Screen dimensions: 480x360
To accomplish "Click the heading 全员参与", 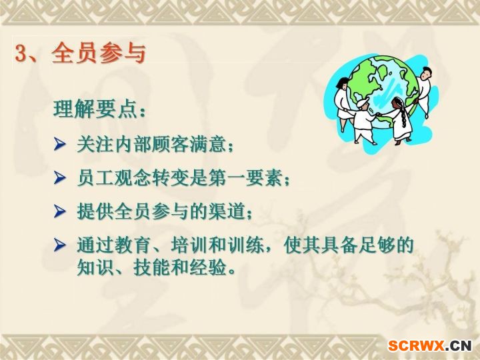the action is coord(99,53).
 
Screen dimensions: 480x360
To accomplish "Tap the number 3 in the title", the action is coord(21,53).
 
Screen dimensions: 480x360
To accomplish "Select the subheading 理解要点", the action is coord(99,109).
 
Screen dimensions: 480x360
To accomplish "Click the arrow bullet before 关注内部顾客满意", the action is coord(60,144).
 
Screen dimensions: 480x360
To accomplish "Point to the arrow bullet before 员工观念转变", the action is coord(60,177).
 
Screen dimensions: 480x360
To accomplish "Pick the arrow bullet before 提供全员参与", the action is coord(60,211).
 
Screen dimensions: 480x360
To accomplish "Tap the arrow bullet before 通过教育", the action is coord(60,245).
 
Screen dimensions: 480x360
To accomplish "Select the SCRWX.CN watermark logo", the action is coord(430,346).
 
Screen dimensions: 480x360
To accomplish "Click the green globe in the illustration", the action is coord(383,89).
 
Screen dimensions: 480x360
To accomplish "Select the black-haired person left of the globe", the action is coord(342,101).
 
